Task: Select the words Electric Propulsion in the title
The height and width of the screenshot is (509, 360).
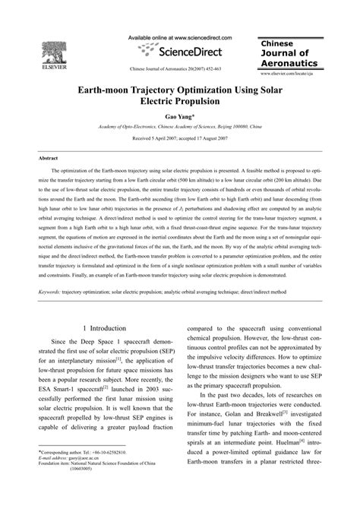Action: pyautogui.click(x=180, y=102)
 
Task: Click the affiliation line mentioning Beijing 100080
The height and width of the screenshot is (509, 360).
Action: pyautogui.click(x=180, y=130)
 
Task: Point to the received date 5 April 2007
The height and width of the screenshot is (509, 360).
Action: pyautogui.click(x=149, y=141)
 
